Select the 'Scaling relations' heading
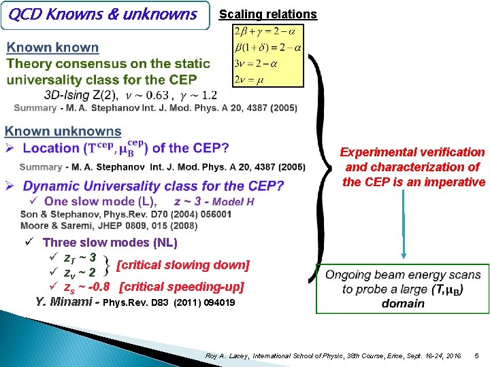click(x=267, y=14)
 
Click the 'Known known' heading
click(x=52, y=48)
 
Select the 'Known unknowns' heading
click(x=63, y=131)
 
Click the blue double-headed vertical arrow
click(x=403, y=224)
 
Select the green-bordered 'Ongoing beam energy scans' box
click(x=403, y=289)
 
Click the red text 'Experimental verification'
click(x=412, y=152)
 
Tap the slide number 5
click(x=476, y=355)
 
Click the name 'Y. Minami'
click(x=65, y=302)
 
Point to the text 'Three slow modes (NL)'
click(x=110, y=243)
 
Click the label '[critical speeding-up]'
click(x=181, y=286)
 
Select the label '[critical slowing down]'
click(x=184, y=264)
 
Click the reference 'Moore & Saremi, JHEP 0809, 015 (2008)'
click(x=99, y=225)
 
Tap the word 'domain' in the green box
click(x=403, y=303)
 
